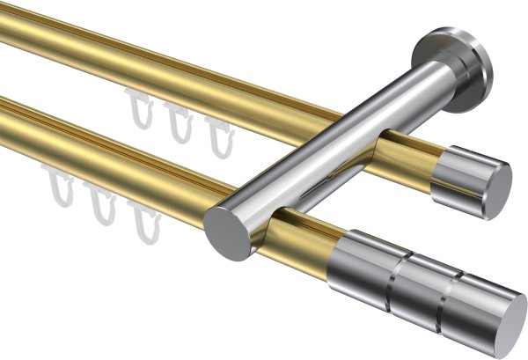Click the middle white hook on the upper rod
pos(180,122)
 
